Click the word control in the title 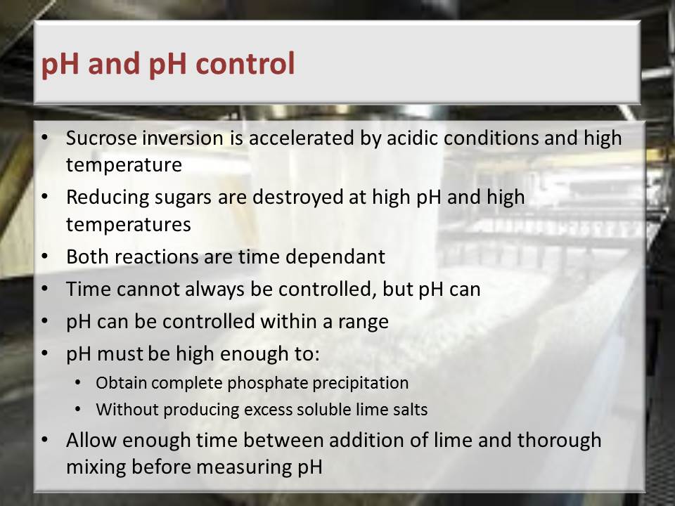[x=245, y=63]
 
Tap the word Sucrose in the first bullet [x=101, y=138]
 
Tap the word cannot [x=147, y=289]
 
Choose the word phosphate [x=267, y=383]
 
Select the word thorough [x=559, y=440]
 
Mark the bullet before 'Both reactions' [x=45, y=257]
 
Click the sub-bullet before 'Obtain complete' [x=77, y=382]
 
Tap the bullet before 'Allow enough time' [x=45, y=440]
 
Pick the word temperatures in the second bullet [x=128, y=225]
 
